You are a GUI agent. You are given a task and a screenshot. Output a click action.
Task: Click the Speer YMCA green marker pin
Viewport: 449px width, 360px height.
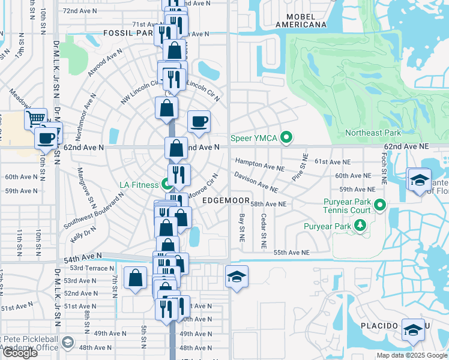(x=287, y=139)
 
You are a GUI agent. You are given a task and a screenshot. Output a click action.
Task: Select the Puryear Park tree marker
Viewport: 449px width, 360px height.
(x=360, y=226)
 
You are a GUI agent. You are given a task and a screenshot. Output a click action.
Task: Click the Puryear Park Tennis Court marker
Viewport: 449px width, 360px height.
(x=379, y=206)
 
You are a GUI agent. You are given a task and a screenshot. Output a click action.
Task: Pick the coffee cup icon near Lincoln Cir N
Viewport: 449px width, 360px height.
(x=199, y=122)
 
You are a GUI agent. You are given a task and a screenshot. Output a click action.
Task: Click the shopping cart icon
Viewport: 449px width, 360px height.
(x=35, y=118)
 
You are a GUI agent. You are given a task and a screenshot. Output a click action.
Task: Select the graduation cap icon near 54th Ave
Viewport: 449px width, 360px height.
(x=237, y=277)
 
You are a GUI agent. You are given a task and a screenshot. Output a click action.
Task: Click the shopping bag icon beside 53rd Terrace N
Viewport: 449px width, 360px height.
(x=135, y=278)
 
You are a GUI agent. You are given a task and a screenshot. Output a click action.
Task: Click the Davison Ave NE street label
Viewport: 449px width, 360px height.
(x=256, y=181)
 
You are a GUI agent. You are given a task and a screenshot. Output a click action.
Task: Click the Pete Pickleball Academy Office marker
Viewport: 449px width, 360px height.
(x=68, y=343)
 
